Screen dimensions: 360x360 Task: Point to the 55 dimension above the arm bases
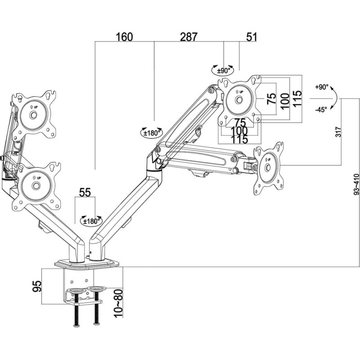click(x=85, y=192)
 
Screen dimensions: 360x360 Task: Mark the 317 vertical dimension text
click(x=338, y=131)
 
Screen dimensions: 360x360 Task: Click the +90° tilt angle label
click(x=322, y=87)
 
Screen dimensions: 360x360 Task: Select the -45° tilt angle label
click(x=321, y=109)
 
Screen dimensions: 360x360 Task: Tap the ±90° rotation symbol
click(x=223, y=70)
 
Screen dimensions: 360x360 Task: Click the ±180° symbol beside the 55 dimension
click(x=91, y=220)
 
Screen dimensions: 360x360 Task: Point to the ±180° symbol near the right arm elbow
click(x=151, y=133)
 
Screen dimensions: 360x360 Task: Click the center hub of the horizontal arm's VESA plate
click(x=268, y=167)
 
